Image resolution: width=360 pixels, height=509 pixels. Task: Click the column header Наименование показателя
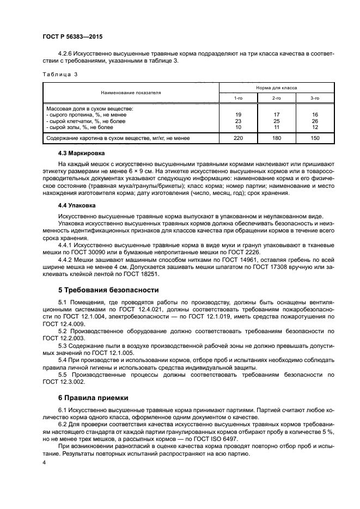(x=131, y=92)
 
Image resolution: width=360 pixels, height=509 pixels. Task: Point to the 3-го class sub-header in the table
(x=315, y=97)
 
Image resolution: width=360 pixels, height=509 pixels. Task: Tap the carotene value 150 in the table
(x=315, y=138)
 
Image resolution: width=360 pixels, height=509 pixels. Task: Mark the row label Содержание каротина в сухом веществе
(x=118, y=138)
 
